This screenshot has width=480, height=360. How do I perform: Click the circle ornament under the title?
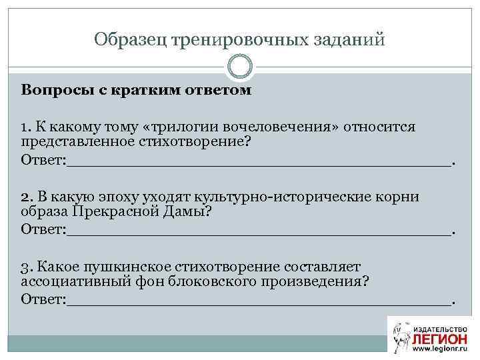(240, 66)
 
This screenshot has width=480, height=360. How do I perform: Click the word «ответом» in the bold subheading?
(217, 91)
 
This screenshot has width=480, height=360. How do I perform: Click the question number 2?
(25, 197)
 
